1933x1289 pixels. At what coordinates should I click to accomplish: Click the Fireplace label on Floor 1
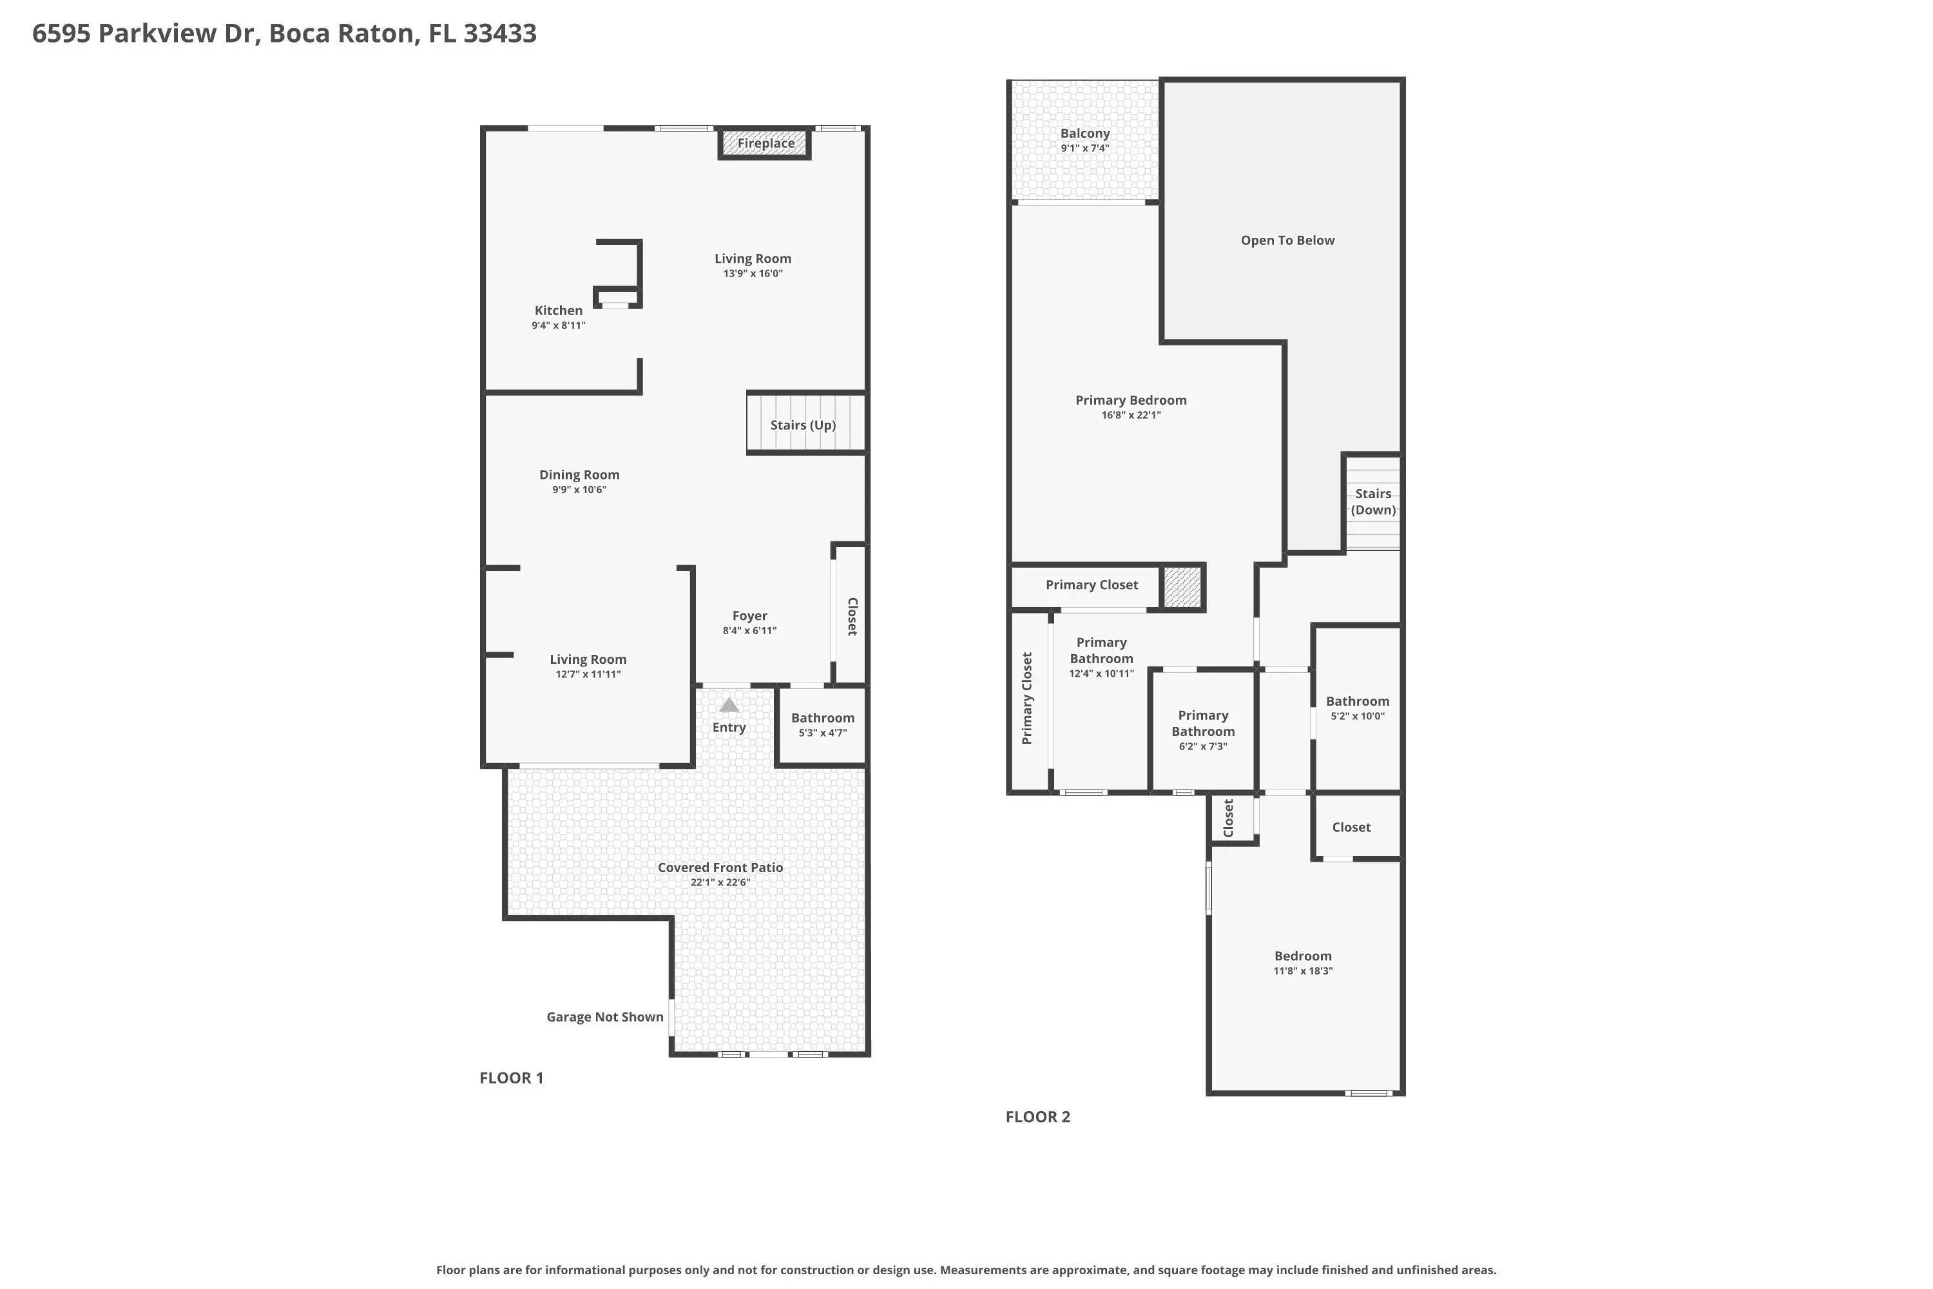[765, 143]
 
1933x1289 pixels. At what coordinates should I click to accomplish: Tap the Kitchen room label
[558, 310]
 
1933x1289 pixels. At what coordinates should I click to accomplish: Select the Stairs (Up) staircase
[805, 423]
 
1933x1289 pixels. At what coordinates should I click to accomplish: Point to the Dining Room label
[579, 474]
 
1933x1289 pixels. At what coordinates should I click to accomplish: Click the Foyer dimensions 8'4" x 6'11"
[749, 630]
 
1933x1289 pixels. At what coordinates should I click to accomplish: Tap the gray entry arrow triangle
[729, 704]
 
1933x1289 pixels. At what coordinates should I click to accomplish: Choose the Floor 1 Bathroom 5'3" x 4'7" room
[822, 725]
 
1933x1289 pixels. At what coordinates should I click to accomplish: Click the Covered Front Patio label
[720, 867]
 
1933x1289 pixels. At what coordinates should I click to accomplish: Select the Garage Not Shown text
[605, 1017]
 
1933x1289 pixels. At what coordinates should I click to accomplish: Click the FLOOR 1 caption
[511, 1078]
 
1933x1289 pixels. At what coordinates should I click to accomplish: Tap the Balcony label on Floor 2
[1085, 133]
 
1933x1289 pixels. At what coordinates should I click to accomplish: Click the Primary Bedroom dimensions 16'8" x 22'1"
[1131, 415]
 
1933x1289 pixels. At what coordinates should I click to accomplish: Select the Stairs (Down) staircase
[1372, 502]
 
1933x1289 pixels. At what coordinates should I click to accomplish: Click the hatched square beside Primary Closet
[1182, 587]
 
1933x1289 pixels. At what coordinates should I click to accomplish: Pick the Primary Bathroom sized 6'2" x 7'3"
[1202, 730]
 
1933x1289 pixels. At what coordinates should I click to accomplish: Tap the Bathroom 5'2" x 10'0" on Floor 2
[1357, 708]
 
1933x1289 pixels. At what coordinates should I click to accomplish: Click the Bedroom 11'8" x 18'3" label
[1303, 956]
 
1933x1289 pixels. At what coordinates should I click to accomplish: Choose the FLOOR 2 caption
[1038, 1116]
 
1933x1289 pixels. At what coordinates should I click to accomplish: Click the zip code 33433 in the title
[500, 33]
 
